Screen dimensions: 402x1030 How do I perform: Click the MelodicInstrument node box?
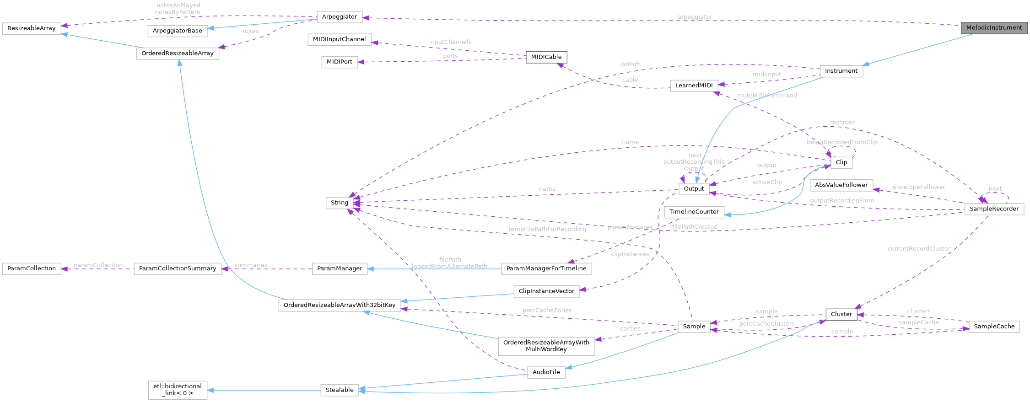point(994,28)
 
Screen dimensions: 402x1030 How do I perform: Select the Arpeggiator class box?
point(339,17)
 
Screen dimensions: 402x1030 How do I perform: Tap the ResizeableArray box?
point(31,28)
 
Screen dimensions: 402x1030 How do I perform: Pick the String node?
point(340,203)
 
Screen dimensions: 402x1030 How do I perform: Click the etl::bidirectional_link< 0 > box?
point(178,390)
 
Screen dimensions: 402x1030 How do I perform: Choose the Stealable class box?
point(340,390)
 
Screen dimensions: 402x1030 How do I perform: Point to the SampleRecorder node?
point(994,209)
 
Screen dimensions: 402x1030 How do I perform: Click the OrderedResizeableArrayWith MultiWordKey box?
point(546,346)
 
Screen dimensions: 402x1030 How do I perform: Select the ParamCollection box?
point(31,268)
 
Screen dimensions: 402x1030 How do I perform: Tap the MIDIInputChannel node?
point(339,39)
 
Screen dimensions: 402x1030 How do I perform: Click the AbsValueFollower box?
point(841,185)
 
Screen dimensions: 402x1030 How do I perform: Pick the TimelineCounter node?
point(694,212)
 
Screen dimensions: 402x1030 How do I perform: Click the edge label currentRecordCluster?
point(919,249)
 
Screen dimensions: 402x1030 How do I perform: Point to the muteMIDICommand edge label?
point(766,96)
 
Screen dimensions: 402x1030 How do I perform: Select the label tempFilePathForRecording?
point(547,229)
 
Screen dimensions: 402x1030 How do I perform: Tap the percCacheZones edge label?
point(547,310)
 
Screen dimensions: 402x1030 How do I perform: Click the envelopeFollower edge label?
point(918,187)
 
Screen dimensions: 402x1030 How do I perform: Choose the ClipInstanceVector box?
point(546,291)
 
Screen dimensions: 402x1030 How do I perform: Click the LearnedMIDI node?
point(694,86)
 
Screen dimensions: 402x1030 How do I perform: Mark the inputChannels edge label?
point(450,42)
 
